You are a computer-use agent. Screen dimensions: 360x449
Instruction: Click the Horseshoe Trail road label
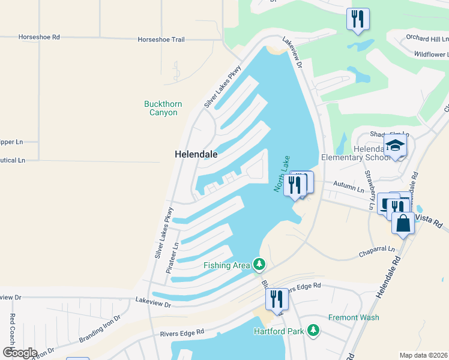[x=161, y=40]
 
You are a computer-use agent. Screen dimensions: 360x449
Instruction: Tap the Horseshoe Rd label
[x=39, y=37]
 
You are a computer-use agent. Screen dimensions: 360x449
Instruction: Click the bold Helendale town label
[x=196, y=154]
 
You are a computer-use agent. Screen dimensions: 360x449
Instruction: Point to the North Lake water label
[x=282, y=174]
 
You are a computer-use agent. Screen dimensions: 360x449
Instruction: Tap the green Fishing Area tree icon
[x=259, y=263]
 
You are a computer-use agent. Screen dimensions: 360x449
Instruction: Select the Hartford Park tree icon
[x=312, y=330]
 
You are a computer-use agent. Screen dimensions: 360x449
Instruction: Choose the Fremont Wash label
[x=354, y=317]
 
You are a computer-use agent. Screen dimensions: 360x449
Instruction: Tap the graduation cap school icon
[x=395, y=145]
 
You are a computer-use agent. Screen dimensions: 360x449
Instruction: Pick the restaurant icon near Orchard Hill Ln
[x=357, y=19]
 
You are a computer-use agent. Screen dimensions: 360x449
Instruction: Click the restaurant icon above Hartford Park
[x=276, y=298]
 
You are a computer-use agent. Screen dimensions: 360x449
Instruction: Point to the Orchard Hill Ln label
[x=426, y=38]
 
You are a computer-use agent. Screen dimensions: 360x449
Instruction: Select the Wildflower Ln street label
[x=430, y=54]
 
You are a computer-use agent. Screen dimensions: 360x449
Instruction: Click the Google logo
[x=20, y=353]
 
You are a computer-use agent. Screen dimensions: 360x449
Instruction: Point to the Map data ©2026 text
[x=423, y=355]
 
